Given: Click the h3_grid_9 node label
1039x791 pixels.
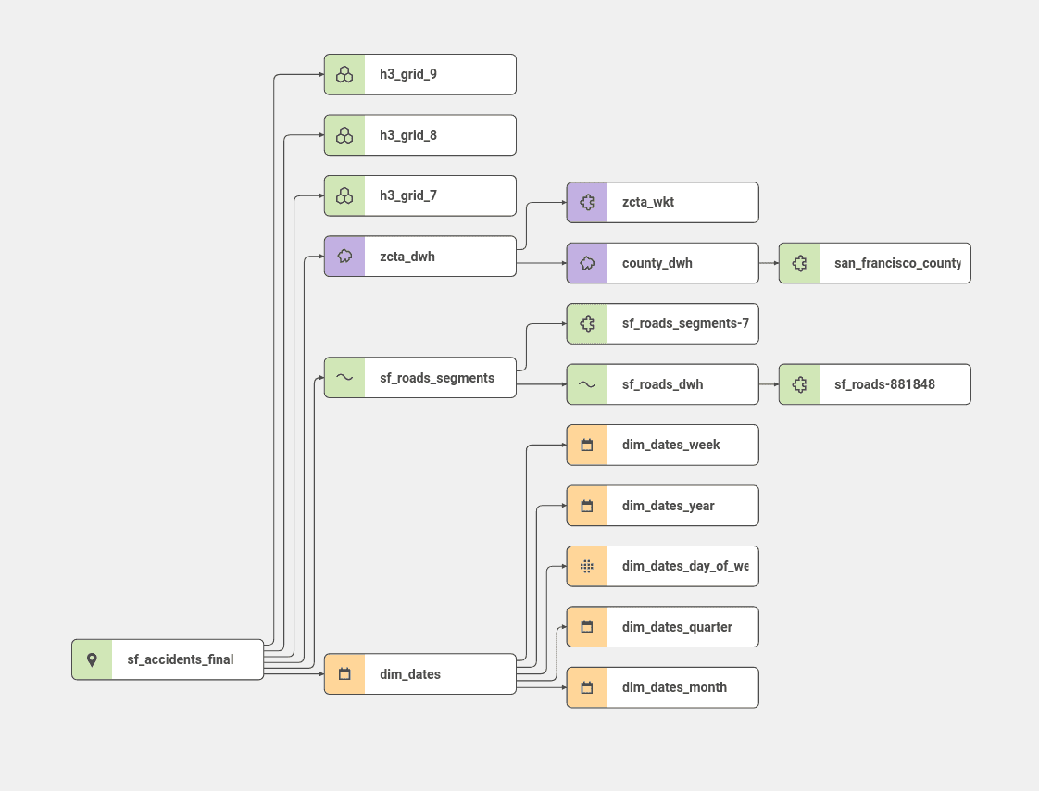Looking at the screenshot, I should [x=408, y=74].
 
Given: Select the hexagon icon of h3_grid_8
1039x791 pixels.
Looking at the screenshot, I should [x=344, y=135].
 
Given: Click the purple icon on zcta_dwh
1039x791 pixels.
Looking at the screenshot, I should [x=344, y=257].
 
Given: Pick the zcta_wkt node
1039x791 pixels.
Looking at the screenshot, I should [x=662, y=202].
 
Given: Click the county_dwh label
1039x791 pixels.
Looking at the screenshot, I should [x=657, y=263].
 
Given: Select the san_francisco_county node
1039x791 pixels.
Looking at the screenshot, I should [x=874, y=263].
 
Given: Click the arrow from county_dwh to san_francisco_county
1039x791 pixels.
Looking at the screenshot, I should [x=769, y=263].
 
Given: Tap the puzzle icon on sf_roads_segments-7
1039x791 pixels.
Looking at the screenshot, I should [x=587, y=323].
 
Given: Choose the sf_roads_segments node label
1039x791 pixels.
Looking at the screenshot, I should [x=437, y=378].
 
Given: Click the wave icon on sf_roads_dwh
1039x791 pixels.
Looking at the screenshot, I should [x=587, y=384].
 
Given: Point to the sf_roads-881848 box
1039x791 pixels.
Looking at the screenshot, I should [x=874, y=384].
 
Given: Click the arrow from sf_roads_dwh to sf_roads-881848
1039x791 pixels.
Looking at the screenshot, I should [x=769, y=384].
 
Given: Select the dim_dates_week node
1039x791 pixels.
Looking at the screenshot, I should [x=662, y=445].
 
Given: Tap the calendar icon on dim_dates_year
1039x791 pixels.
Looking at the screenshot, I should [x=587, y=506].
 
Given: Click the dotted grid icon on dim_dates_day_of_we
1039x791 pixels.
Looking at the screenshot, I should [x=587, y=566].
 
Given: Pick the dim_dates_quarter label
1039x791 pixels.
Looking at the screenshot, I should [x=677, y=627].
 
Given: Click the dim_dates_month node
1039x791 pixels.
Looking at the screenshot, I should [x=662, y=687].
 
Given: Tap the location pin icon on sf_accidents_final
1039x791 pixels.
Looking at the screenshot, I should [x=92, y=659].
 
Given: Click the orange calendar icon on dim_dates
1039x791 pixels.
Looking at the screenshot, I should [x=344, y=674].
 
